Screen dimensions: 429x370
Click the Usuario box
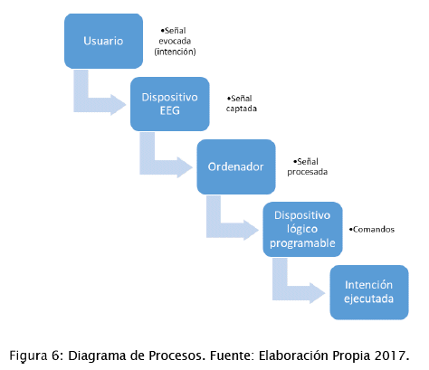103,41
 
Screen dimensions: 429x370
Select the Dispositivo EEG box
170,104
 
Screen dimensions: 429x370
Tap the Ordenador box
236,166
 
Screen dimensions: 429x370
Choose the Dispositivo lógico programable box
302,229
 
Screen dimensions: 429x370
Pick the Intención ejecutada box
369,292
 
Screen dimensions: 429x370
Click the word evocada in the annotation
175,41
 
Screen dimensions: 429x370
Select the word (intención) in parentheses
175,52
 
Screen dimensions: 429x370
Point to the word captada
242,109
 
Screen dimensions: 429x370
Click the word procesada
308,172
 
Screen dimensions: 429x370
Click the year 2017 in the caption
390,356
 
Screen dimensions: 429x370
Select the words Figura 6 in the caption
34,356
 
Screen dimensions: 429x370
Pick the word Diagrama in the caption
97,356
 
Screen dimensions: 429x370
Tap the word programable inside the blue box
302,243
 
